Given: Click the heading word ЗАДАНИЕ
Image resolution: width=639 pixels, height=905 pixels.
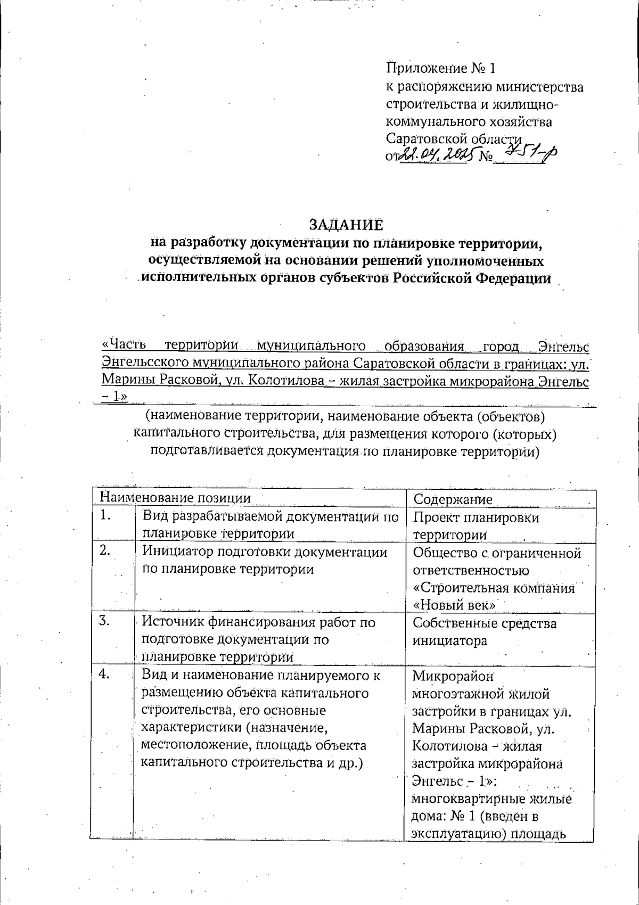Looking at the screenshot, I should click(x=347, y=225).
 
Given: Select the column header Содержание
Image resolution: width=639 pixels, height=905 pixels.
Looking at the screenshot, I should click(x=453, y=499).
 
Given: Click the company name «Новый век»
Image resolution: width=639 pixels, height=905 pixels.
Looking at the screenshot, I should click(x=455, y=605).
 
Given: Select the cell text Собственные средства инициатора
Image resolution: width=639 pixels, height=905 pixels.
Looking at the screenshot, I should click(x=484, y=631).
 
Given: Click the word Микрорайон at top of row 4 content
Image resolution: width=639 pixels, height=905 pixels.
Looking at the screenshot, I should click(x=453, y=676).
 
